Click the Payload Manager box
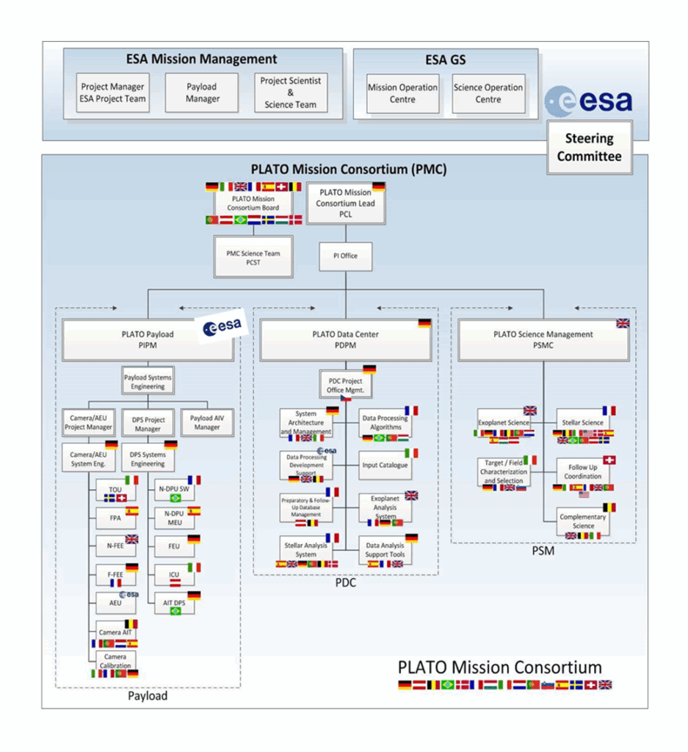pyautogui.click(x=202, y=93)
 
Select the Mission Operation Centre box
pyautogui.click(x=402, y=93)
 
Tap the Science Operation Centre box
pyautogui.click(x=488, y=93)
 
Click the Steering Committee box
pyautogui.click(x=589, y=148)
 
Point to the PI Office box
pyautogui.click(x=345, y=256)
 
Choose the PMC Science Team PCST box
pyautogui.click(x=253, y=257)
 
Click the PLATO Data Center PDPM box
pyautogui.click(x=345, y=339)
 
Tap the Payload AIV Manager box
pyautogui.click(x=206, y=422)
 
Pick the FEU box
pyautogui.click(x=174, y=546)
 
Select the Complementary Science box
pyautogui.click(x=583, y=521)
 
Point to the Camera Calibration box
pyautogui.click(x=115, y=661)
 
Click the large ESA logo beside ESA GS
pyautogui.click(x=588, y=101)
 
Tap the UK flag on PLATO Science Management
pyautogui.click(x=622, y=323)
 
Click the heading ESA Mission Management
pyautogui.click(x=202, y=59)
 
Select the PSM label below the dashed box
pyautogui.click(x=543, y=551)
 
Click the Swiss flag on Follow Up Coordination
pyautogui.click(x=609, y=460)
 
